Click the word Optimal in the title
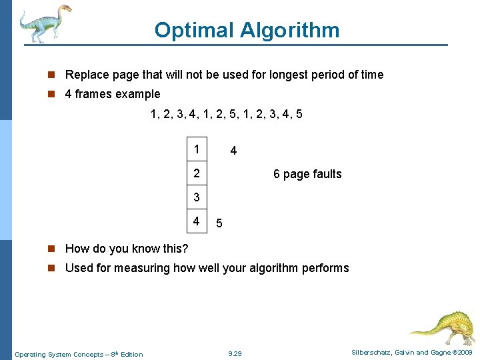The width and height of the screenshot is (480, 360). tap(194, 30)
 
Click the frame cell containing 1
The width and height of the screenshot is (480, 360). tap(197, 150)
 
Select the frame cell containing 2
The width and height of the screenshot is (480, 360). tap(197, 174)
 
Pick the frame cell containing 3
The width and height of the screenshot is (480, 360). tap(197, 197)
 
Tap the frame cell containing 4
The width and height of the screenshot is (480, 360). tap(197, 221)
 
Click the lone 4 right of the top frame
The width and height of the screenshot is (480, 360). tap(233, 151)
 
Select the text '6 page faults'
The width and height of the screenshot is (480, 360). tap(307, 174)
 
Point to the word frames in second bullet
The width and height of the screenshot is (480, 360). tap(93, 94)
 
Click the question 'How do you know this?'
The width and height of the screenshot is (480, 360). tap(127, 249)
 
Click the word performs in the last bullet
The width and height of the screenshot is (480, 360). tap(324, 268)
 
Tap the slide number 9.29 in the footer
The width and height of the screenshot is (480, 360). tap(235, 353)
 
